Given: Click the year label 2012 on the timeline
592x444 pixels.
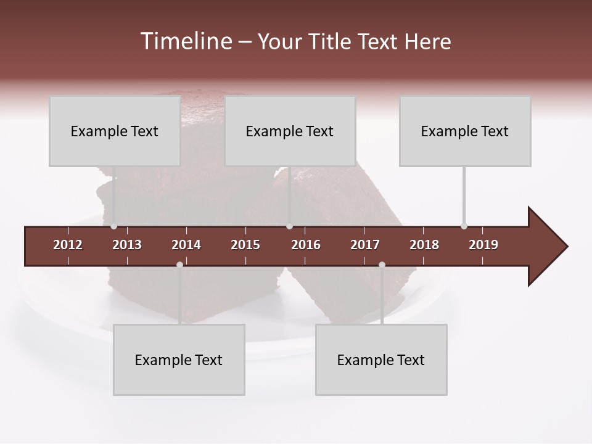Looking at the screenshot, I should pos(68,245).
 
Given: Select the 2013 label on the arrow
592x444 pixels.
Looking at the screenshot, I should pos(127,245).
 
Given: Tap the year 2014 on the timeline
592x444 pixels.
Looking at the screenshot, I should pos(186,245).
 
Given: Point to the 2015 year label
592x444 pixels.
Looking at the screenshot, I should pos(245,245).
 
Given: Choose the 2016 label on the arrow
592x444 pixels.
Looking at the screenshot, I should pos(306,245).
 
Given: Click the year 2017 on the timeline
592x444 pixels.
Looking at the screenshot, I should pos(365,245).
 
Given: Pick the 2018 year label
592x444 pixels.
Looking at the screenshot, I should pos(424,245).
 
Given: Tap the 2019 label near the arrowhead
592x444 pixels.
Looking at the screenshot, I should pos(483,245).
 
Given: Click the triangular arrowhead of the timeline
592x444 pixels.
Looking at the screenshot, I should pos(546,247).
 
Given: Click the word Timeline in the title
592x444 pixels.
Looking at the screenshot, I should pos(184,41).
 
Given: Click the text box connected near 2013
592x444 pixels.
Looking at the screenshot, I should pos(115,131).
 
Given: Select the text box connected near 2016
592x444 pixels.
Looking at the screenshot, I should pos(290,131).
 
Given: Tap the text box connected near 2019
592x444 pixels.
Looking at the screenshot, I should pos(465,131).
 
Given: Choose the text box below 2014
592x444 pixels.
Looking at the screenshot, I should pos(179,360).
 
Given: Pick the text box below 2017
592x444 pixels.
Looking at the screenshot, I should pos(381,360).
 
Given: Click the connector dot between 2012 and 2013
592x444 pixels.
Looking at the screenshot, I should pos(113,226).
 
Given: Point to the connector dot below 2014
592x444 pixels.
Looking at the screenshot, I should pos(179,265).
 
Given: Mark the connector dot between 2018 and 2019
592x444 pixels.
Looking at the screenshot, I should pos(464,226).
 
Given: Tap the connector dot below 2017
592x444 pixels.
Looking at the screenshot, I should pos(382,265).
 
